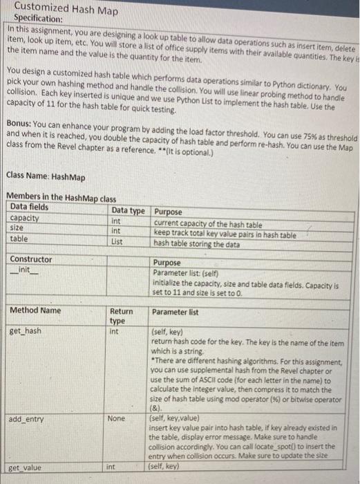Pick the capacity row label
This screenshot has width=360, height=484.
(25, 217)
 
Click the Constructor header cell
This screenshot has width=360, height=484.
(31, 260)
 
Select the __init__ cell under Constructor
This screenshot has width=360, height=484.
(25, 270)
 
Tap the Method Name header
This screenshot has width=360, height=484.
(35, 310)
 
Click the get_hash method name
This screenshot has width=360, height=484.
(25, 331)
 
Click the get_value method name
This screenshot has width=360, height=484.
(26, 468)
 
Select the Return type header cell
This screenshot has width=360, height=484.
(122, 316)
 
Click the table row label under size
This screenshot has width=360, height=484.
(19, 239)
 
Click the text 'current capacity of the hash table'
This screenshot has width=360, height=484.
(207, 225)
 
